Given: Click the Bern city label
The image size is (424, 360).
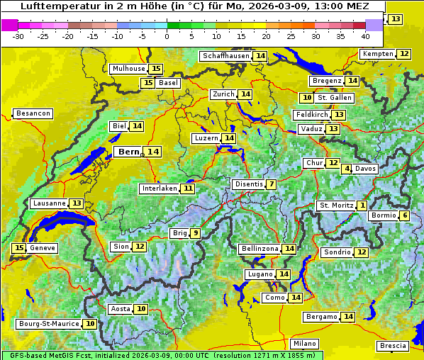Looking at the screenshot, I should [x=129, y=152].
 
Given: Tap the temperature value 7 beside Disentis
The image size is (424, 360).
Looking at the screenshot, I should [x=271, y=184].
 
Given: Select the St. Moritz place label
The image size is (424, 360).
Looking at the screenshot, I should [x=336, y=206].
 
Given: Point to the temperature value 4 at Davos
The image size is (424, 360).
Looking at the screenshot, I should [x=347, y=169].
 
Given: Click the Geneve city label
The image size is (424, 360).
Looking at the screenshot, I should [x=43, y=248].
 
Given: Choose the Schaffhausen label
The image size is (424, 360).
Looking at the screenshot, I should [x=225, y=56].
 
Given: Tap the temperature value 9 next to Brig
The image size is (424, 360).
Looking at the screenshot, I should [x=195, y=233].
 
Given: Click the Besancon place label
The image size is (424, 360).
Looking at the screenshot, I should [x=33, y=113].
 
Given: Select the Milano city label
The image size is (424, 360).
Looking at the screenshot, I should [x=305, y=343].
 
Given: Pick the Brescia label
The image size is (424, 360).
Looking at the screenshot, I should [x=393, y=346].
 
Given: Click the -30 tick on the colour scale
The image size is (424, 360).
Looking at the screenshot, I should [x=19, y=35].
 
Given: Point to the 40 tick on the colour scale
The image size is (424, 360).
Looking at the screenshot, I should [x=365, y=35].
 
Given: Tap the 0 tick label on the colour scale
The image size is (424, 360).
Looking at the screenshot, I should [x=167, y=35].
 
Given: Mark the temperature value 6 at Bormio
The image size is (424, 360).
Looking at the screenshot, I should [x=404, y=215].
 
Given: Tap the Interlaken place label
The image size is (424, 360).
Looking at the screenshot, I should [x=159, y=189].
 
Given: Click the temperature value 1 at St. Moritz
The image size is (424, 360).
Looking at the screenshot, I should [x=362, y=206].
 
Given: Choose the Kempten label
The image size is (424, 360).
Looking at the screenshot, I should [x=378, y=54].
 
